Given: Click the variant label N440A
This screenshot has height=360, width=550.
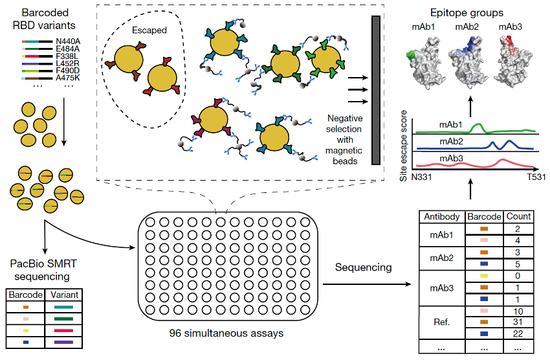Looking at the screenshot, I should point(67,41).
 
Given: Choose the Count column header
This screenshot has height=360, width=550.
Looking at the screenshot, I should point(519,216).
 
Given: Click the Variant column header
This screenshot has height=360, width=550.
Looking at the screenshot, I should point(64,295).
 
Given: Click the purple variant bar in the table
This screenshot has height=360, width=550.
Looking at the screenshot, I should point(64,342).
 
